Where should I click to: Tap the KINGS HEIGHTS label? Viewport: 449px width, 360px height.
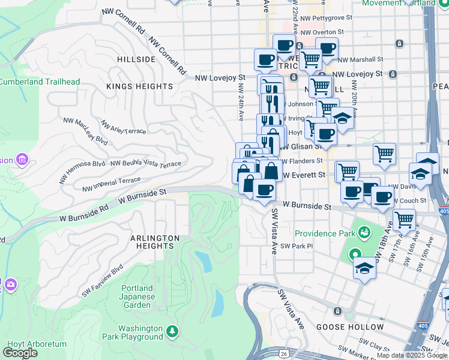tap(140, 86)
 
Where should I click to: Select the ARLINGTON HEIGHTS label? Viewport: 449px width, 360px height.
tap(155, 242)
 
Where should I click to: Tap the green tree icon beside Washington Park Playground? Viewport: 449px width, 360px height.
tap(172, 331)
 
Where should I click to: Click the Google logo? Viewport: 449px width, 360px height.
tap(20, 353)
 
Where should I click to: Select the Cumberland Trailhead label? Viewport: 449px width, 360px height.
tap(40, 82)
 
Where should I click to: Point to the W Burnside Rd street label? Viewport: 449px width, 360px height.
tap(84, 214)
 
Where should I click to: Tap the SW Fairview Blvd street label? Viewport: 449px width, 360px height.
tap(104, 275)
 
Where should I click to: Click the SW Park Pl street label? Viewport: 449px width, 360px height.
tap(298, 247)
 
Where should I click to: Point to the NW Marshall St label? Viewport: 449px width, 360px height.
tap(360, 59)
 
